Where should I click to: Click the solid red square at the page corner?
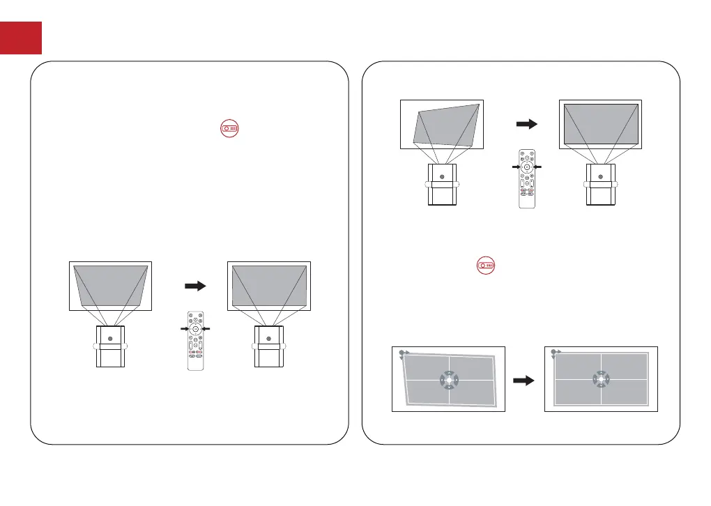(x=21, y=38)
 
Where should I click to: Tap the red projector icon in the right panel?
(x=487, y=266)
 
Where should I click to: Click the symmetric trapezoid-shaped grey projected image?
(x=111, y=285)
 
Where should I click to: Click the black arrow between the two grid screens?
(x=523, y=381)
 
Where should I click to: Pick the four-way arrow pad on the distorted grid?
(x=449, y=380)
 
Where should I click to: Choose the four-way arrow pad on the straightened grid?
(x=601, y=380)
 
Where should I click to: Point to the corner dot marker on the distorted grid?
(x=402, y=353)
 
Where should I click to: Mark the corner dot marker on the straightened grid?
(x=553, y=353)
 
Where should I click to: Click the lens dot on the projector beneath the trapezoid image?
(x=110, y=337)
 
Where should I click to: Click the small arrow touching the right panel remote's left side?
(x=516, y=167)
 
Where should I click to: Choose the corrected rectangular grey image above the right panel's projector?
(x=600, y=124)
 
